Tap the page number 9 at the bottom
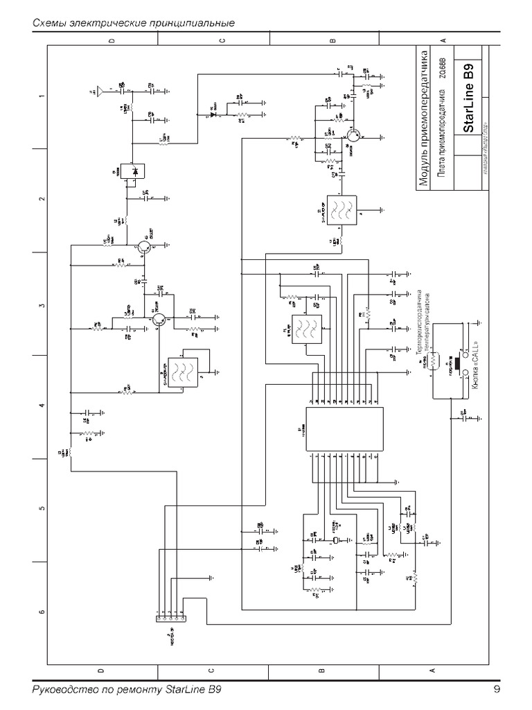pos(497,690)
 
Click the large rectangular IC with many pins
pos(345,428)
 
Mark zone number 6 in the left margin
pos(42,612)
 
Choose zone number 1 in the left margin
pos(42,95)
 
